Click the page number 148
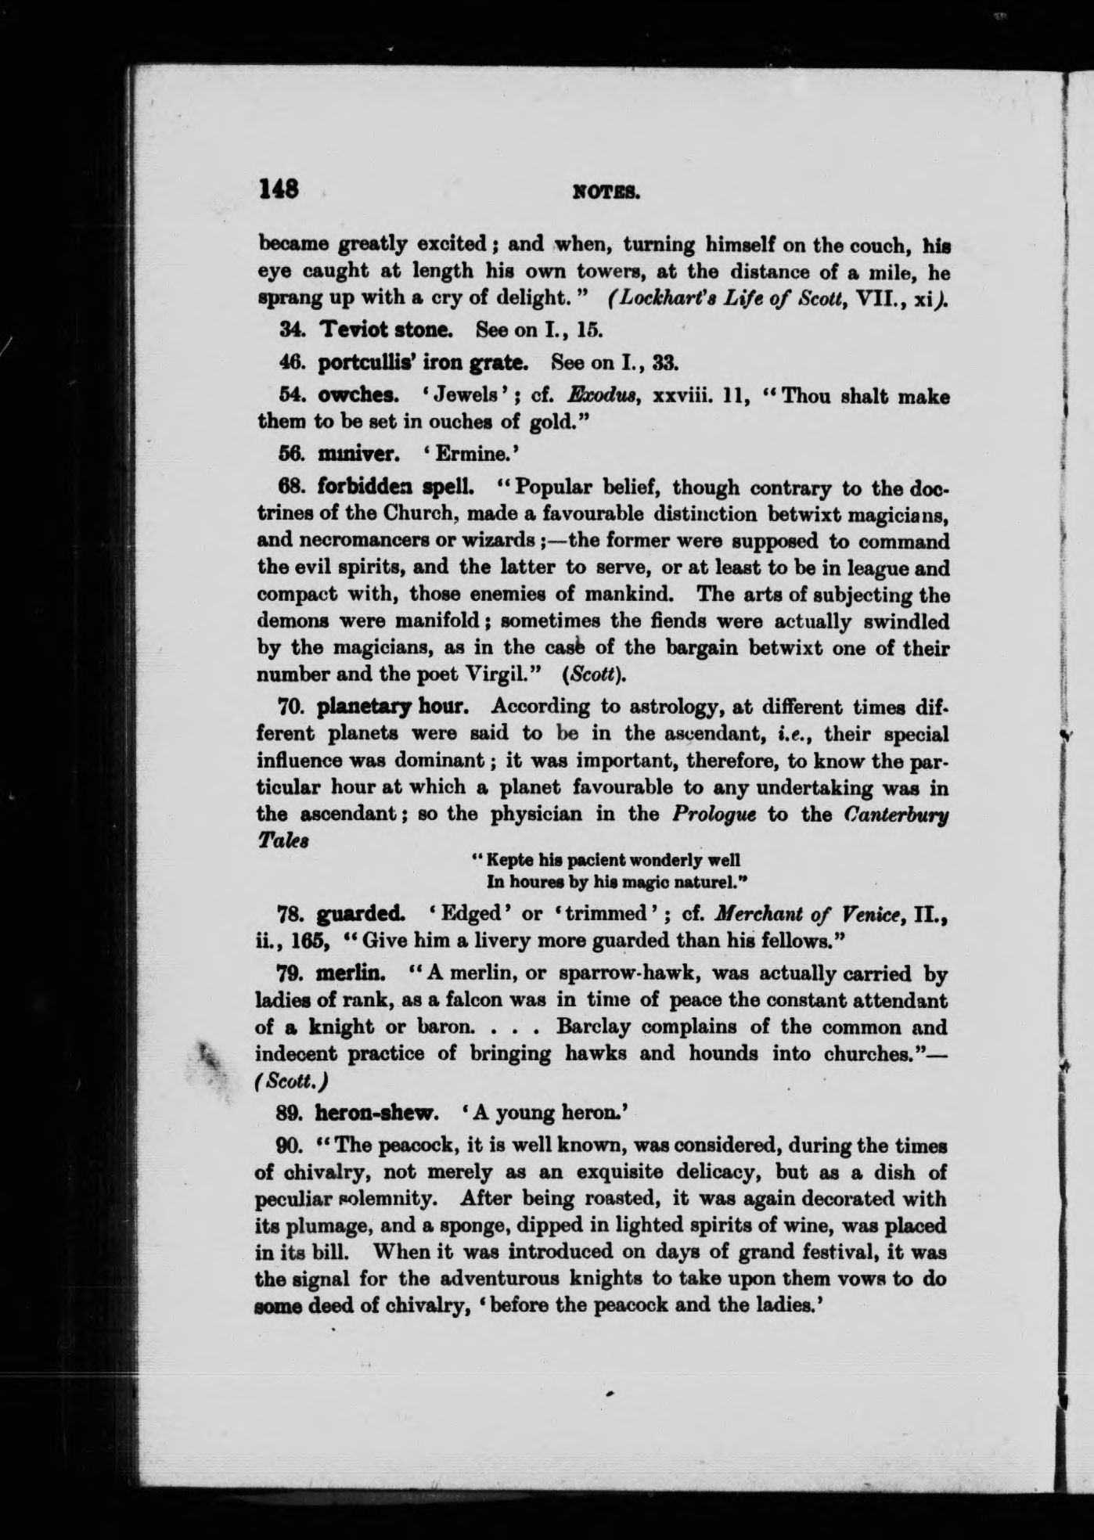click(x=279, y=190)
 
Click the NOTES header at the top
click(x=606, y=191)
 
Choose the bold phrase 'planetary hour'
click(x=393, y=707)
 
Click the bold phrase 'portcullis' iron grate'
click(x=414, y=363)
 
